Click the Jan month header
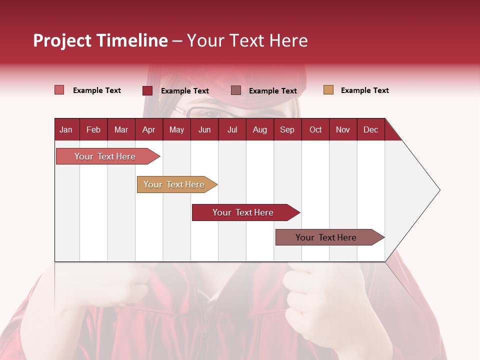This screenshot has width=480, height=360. [x=66, y=129]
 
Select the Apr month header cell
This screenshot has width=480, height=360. [x=148, y=129]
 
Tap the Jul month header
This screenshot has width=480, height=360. [x=232, y=129]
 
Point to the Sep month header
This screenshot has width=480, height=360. [x=287, y=129]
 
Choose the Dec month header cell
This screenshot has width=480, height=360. [x=370, y=129]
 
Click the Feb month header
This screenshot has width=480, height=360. [x=93, y=129]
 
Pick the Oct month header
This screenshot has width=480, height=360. [x=315, y=129]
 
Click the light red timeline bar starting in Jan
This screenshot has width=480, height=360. [x=105, y=156]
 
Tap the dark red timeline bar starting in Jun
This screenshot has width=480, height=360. [x=243, y=212]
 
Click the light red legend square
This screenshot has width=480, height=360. [x=59, y=90]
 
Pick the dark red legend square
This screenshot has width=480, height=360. [x=147, y=90]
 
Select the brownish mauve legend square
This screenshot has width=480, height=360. [x=236, y=90]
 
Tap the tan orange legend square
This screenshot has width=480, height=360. [x=328, y=90]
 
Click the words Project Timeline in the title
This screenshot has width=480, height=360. [x=100, y=40]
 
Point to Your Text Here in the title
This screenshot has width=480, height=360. [x=247, y=40]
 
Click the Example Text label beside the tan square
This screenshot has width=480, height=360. [x=364, y=90]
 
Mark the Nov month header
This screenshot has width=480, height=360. [x=343, y=129]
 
